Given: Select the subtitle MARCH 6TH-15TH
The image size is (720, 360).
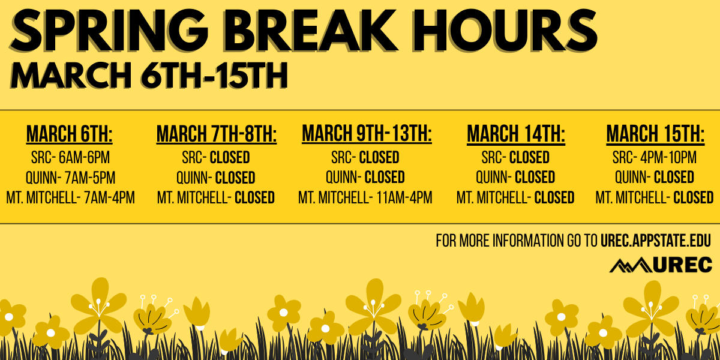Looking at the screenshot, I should coord(150,76).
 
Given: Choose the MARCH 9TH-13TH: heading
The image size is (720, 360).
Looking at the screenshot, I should coord(367,133).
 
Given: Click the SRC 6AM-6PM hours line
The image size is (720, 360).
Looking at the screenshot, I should coord(70,158).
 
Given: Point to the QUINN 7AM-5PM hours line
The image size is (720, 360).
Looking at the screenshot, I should coord(70,178).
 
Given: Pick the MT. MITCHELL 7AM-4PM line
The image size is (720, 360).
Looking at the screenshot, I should coord(70,197).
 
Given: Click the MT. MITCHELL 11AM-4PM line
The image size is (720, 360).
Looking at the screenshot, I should coord(365,197).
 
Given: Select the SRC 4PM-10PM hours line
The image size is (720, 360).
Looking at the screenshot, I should coord(655,158).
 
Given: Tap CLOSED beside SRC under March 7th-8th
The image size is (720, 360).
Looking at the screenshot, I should coord(230,158).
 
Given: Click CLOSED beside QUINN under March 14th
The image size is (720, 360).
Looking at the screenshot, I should coord(535,178).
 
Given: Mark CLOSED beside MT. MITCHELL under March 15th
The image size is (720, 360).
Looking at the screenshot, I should coord(693,197).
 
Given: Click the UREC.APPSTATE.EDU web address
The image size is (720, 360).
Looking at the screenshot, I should coord(655,241).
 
